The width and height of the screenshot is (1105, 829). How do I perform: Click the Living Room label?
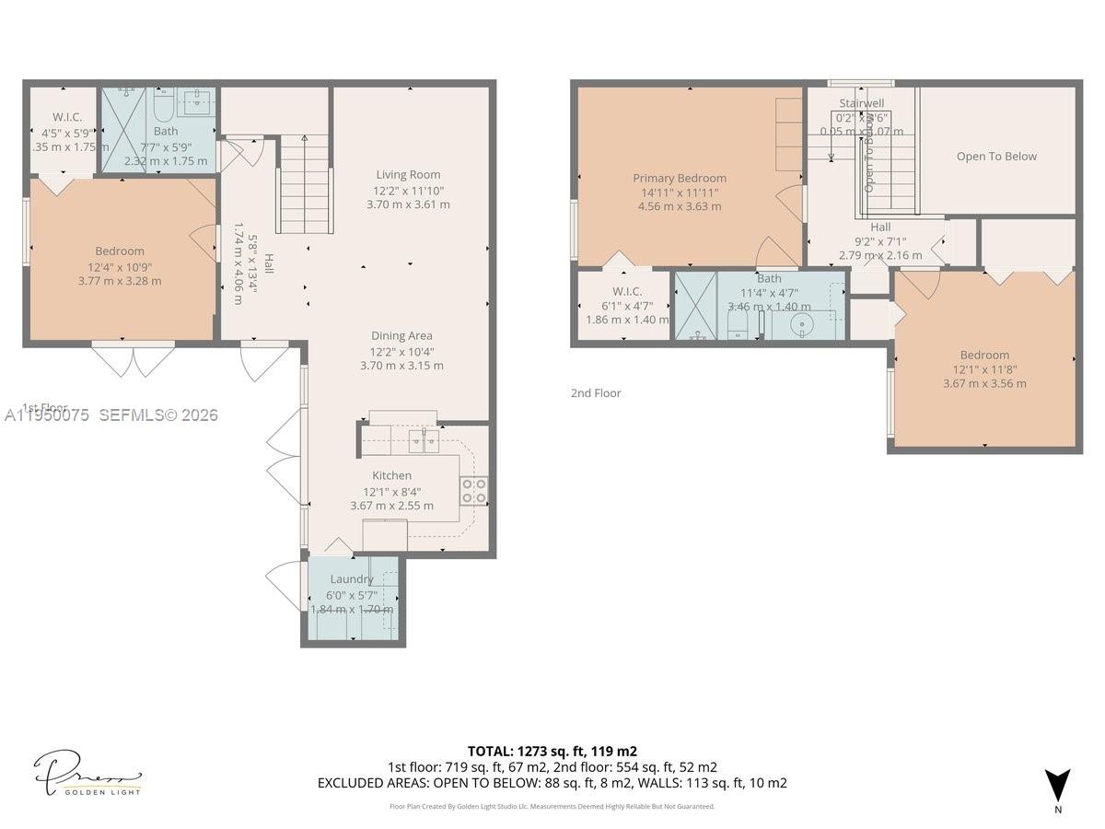[408, 174]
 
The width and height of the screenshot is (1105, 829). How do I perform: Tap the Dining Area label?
[401, 335]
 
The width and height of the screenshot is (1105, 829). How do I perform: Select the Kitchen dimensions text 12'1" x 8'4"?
[391, 491]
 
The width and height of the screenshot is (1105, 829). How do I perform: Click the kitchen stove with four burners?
[474, 490]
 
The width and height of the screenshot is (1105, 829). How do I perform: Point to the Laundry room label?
[352, 579]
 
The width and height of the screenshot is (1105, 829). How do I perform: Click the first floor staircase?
[305, 184]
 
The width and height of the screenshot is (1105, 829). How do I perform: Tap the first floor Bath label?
[166, 132]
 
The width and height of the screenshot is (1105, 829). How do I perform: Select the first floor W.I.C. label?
[67, 117]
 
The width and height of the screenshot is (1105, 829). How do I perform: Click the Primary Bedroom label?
[679, 178]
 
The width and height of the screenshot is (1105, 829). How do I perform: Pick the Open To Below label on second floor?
[996, 156]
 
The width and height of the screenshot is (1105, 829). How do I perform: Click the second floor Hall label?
[880, 227]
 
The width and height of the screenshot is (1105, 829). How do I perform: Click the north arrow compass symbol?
[1058, 786]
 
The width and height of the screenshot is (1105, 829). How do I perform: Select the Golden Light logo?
[88, 774]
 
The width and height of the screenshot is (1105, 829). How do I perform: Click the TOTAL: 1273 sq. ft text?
[552, 751]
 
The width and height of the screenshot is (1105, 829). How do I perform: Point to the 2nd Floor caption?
[596, 392]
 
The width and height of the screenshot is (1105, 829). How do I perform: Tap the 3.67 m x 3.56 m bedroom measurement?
[984, 383]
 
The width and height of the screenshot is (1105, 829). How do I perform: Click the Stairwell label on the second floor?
[861, 103]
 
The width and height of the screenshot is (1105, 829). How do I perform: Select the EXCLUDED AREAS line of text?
[552, 783]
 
